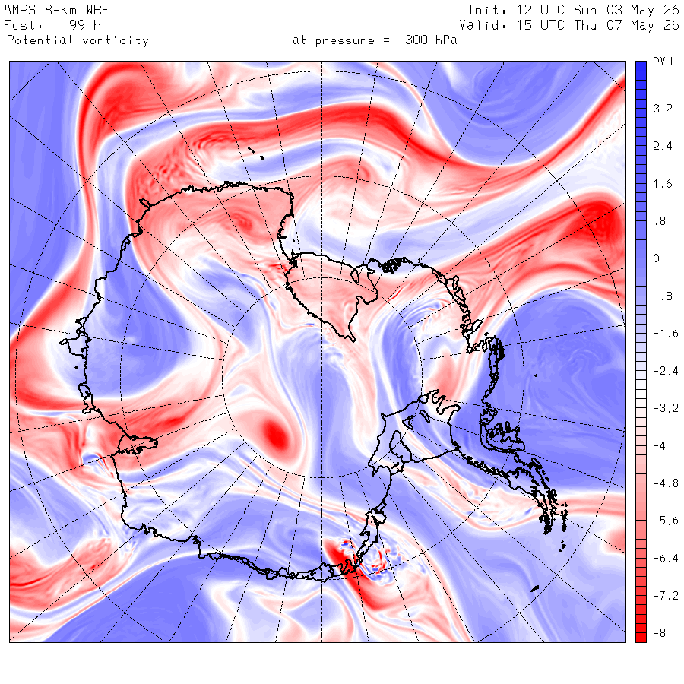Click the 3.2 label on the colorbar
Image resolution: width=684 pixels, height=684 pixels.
click(662, 108)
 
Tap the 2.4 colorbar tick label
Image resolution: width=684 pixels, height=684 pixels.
click(662, 146)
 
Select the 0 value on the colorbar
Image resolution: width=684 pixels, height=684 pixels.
click(656, 258)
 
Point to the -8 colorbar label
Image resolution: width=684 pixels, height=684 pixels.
click(659, 633)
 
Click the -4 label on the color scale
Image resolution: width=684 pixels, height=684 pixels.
click(659, 446)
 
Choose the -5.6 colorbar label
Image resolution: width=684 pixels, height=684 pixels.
click(665, 521)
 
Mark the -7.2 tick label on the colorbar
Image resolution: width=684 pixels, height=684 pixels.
click(665, 596)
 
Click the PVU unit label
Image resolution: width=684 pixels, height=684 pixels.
click(663, 62)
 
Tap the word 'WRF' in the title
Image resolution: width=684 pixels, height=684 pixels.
click(97, 10)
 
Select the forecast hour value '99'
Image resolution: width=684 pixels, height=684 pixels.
click(78, 25)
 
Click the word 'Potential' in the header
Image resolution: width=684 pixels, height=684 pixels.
click(40, 40)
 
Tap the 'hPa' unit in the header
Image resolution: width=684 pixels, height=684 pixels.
click(446, 40)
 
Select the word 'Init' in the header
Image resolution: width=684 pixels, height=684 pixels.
click(480, 10)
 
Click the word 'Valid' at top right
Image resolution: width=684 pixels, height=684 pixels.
click(477, 25)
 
